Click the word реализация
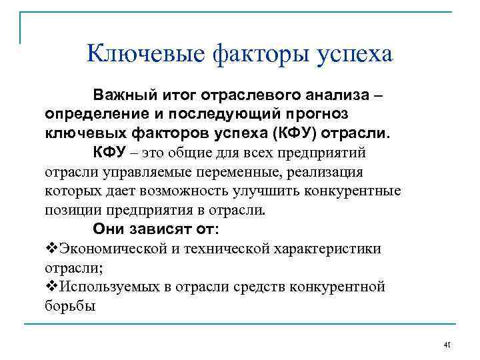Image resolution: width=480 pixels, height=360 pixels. (x=321, y=172)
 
